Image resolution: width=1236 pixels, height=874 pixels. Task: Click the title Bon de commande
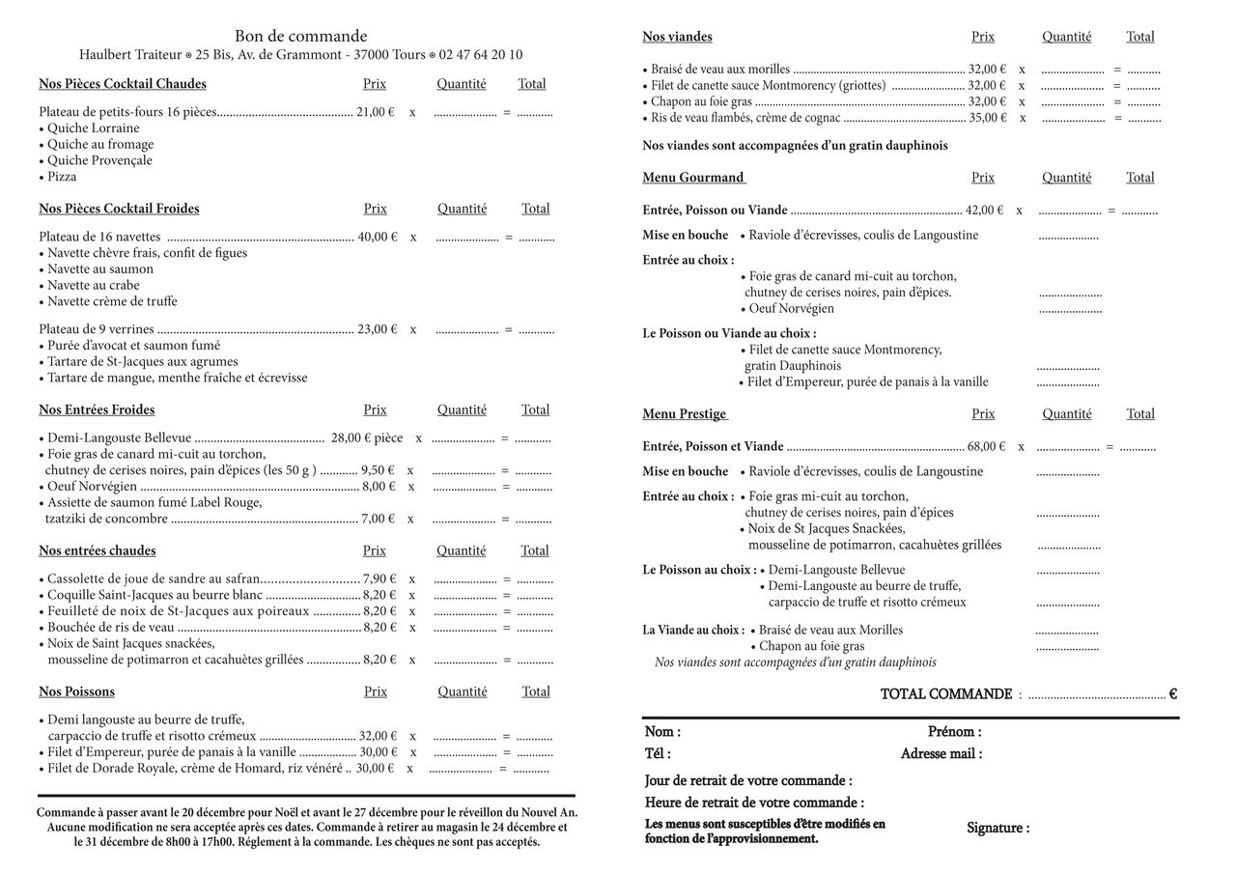pos(300,36)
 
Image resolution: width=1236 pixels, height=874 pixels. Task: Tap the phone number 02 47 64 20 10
pos(480,55)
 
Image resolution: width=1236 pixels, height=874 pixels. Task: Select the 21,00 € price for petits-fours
pos(376,112)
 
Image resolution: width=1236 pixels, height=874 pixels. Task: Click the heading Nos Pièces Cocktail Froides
pos(119,209)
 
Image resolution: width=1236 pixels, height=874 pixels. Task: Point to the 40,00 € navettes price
pos(377,237)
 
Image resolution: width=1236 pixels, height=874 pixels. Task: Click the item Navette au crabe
pos(93,285)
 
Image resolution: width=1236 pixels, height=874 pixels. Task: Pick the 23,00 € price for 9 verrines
pos(377,329)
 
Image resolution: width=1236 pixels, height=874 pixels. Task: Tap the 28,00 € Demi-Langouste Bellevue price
pos(351,438)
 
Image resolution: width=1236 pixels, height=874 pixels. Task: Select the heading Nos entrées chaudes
pos(97,550)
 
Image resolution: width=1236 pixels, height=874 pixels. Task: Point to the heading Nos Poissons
pos(76,691)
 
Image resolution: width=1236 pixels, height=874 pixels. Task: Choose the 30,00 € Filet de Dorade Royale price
pos(375,769)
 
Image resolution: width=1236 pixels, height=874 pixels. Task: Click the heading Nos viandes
pos(677,37)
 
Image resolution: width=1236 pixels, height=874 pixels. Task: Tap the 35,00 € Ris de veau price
pos(987,118)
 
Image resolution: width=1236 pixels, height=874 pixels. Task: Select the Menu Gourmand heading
pos(693,178)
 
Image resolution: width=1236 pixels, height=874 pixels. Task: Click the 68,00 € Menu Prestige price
pos(986,447)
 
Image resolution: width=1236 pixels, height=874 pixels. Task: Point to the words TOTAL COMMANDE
pos(945,694)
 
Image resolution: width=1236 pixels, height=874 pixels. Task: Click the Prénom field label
pos(954,732)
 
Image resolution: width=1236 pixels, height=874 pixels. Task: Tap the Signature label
pos(997,829)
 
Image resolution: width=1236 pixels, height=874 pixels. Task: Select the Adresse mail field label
pos(941,754)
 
